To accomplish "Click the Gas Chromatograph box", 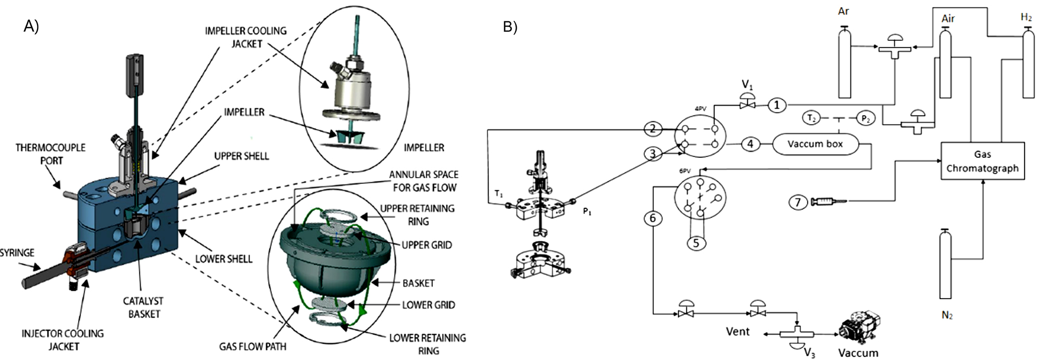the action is click(x=982, y=161).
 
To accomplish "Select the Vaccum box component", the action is click(x=815, y=144).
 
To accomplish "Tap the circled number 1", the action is click(x=777, y=105).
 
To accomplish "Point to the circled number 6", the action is click(x=653, y=218).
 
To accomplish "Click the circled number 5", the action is click(x=696, y=243).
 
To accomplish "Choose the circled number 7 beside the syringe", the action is click(x=797, y=202).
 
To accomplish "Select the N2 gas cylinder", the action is click(x=945, y=263).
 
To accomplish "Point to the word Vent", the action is click(x=737, y=331).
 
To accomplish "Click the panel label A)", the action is click(x=31, y=26).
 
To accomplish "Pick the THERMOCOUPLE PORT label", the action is click(x=51, y=154).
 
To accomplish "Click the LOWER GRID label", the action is click(x=428, y=305).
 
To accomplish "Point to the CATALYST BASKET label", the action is click(x=143, y=307).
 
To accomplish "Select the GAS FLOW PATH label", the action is click(x=253, y=346).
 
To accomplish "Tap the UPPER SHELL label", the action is click(x=242, y=156).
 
